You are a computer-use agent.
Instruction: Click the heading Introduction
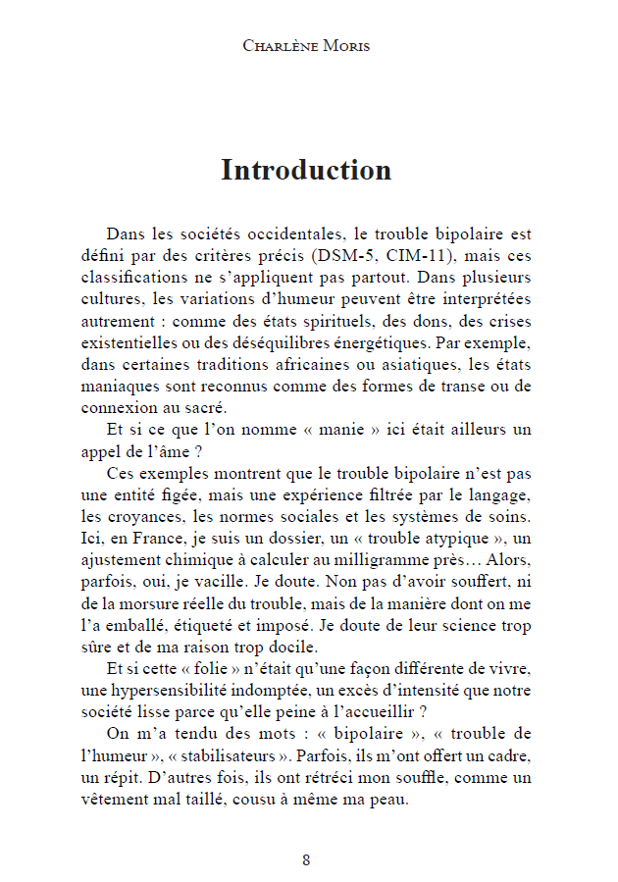[x=306, y=170]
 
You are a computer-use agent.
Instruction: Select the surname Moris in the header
[x=344, y=46]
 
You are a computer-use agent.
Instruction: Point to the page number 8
[x=307, y=860]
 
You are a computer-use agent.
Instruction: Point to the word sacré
[x=205, y=408]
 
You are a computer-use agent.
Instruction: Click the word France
[x=163, y=540]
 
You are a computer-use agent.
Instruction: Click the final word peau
[x=387, y=799]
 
